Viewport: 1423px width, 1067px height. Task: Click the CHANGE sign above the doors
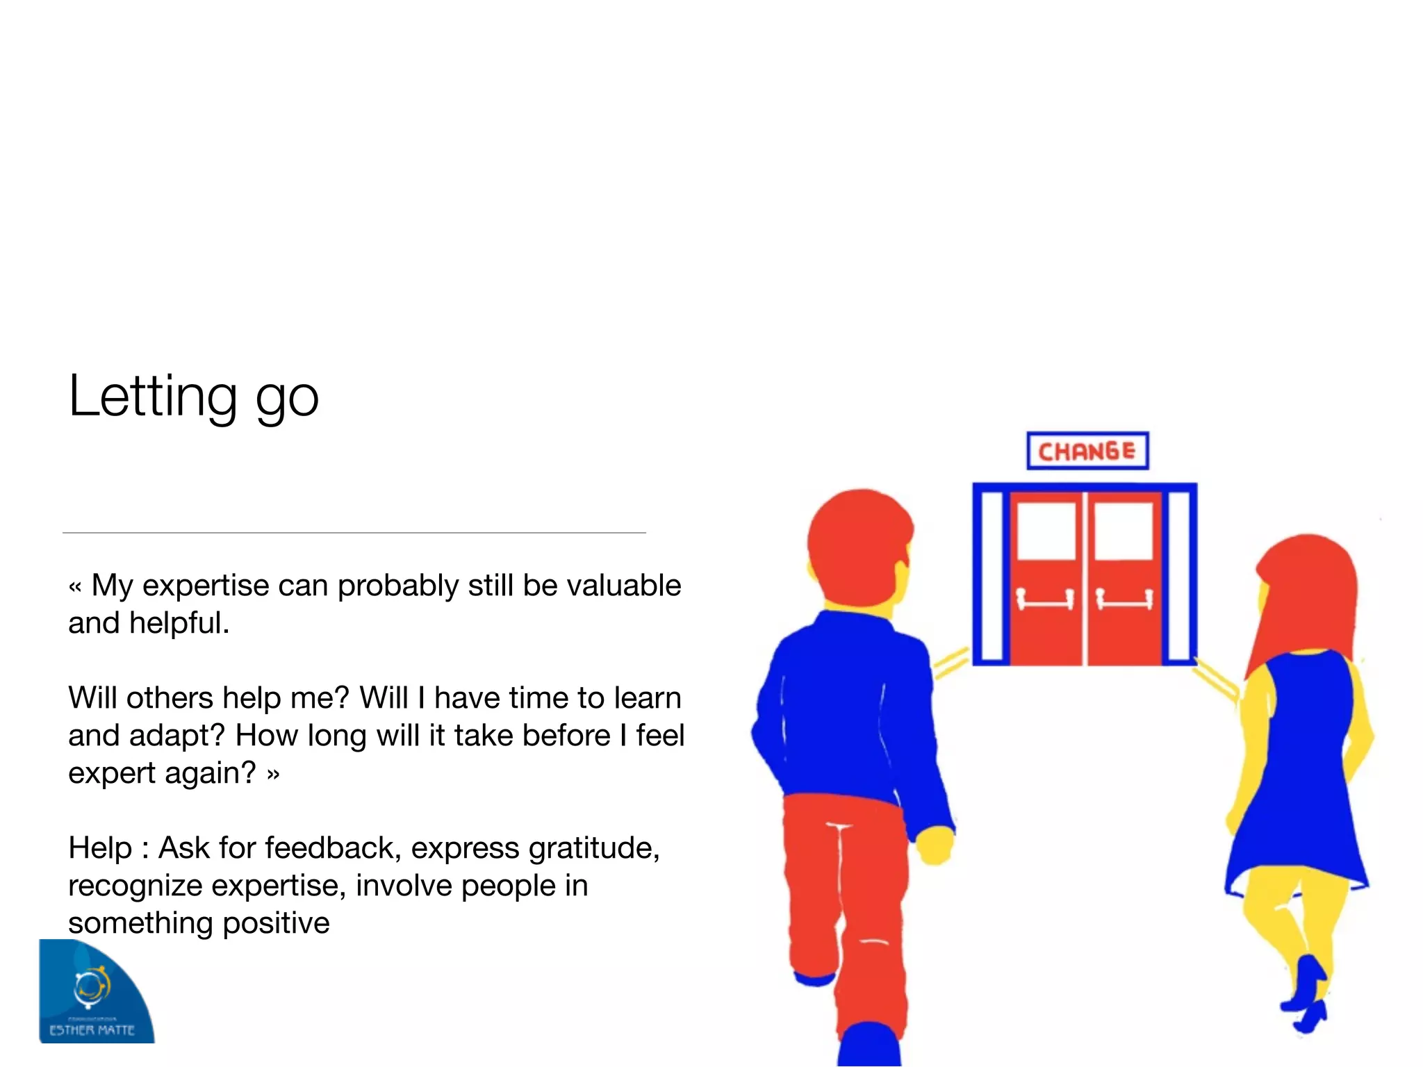1087,451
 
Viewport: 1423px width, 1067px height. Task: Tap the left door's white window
1046,531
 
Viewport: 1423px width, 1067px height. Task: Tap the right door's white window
1124,531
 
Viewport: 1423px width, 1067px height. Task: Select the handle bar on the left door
1046,599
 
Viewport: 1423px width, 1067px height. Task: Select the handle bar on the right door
1125,599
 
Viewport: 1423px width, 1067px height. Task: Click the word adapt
176,736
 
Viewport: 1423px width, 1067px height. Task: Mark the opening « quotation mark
76,587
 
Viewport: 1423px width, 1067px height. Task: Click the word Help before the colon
100,848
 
